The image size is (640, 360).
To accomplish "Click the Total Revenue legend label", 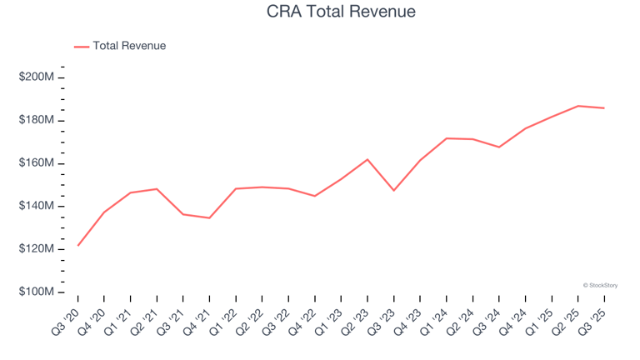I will (x=129, y=46).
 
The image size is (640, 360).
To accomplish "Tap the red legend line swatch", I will (x=82, y=47).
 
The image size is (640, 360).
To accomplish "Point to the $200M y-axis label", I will (x=37, y=77).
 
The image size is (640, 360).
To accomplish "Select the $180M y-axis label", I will (x=37, y=121).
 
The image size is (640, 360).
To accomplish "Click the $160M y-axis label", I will (x=37, y=163).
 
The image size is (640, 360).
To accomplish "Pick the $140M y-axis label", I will (x=37, y=207).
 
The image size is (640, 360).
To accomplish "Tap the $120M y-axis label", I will (x=37, y=249).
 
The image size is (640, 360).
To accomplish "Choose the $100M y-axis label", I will (x=37, y=292).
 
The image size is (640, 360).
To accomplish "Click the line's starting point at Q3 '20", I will (x=78, y=245).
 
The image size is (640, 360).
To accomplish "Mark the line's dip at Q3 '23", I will (x=394, y=191).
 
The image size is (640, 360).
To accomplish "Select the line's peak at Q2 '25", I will (x=578, y=106).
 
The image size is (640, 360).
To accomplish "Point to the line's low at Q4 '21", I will (x=209, y=218).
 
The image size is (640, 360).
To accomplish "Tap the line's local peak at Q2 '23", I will (x=367, y=159).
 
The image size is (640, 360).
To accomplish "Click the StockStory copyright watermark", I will (x=600, y=285).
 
